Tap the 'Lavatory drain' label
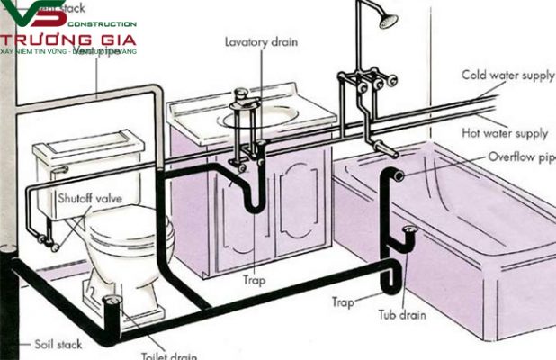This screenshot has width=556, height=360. coord(261,41)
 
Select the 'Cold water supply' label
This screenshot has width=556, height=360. coord(507,76)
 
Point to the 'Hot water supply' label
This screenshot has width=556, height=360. coord(505,133)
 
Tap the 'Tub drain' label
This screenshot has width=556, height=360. coord(402,316)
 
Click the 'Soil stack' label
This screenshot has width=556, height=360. coord(57,344)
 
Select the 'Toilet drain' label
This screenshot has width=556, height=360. coord(168,354)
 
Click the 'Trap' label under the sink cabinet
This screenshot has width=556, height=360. coord(254,280)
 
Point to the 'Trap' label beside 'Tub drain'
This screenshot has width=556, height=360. coord(341,303)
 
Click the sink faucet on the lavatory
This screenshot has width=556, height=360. coord(240,98)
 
